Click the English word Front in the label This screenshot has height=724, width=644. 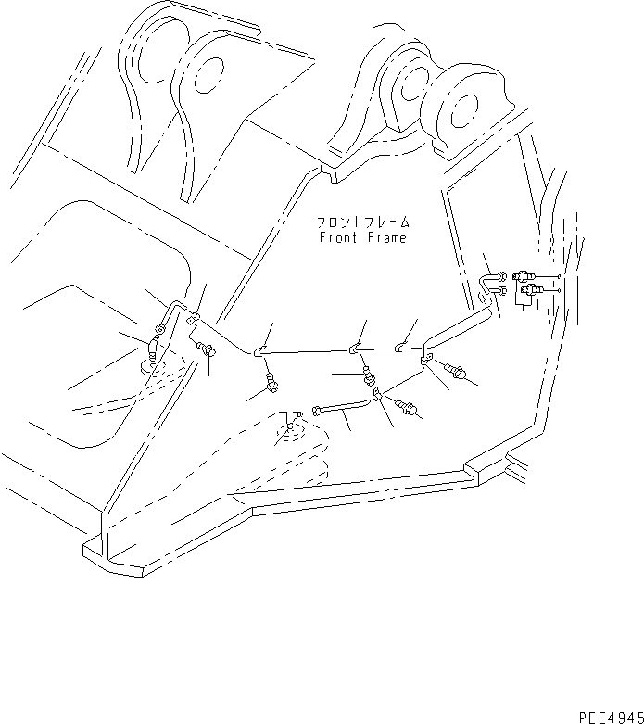click(x=338, y=238)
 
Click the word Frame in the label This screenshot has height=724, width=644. click(x=385, y=238)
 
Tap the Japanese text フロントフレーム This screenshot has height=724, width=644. click(x=361, y=223)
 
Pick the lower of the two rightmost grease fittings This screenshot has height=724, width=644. click(x=531, y=295)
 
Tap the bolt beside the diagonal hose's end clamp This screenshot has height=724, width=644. click(x=459, y=372)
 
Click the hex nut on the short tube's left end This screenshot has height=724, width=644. click(x=320, y=409)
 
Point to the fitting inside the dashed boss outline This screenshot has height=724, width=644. click(x=292, y=427)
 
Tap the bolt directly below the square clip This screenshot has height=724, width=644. click(x=206, y=350)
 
